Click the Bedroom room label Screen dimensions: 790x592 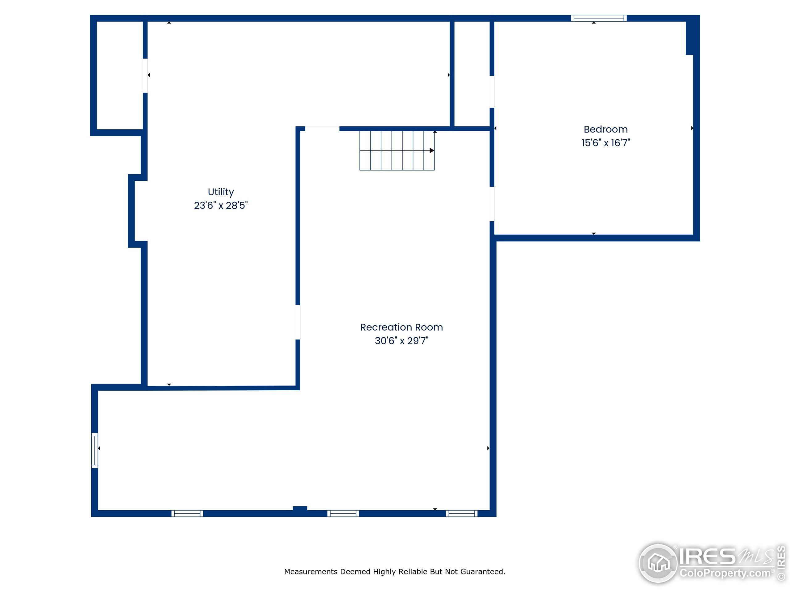click(606, 129)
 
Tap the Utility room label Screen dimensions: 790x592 click(221, 192)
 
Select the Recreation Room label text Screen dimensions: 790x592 click(401, 327)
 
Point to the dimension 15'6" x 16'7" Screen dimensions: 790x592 click(606, 143)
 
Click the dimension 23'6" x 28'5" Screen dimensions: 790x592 click(221, 205)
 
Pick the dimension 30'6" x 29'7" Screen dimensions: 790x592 click(401, 341)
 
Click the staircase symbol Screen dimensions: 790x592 click(397, 150)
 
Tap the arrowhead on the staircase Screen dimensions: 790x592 click(432, 150)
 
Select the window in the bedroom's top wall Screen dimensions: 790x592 click(599, 18)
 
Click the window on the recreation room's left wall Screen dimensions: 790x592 click(95, 450)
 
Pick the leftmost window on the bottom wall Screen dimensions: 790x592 click(187, 513)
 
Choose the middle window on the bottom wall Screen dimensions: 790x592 click(343, 513)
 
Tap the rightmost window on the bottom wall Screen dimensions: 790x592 click(461, 513)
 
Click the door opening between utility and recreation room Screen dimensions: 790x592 click(298, 322)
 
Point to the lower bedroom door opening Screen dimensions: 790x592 click(492, 204)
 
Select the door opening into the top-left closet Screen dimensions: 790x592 click(145, 76)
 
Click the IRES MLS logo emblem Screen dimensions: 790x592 click(658, 563)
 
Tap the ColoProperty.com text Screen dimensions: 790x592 click(725, 573)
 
